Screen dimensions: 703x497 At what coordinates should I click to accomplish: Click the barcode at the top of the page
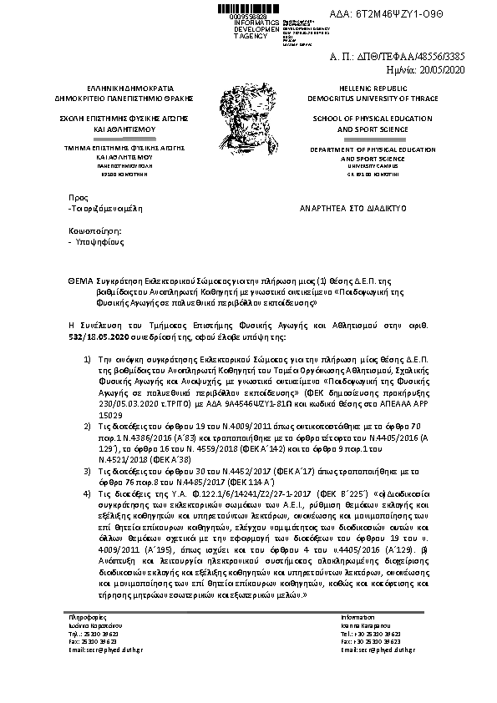pos(250,8)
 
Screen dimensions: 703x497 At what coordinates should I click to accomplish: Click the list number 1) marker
pos(89,358)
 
